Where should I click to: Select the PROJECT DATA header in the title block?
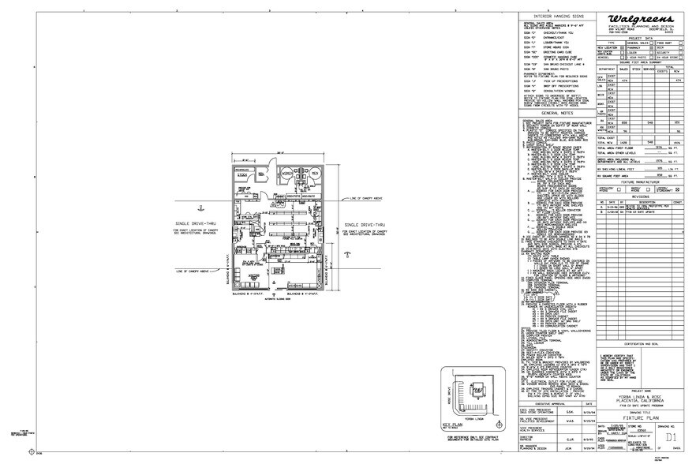pos(640,36)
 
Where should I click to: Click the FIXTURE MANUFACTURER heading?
pos(640,181)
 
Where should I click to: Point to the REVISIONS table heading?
pos(640,196)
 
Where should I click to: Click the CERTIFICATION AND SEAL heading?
pos(640,344)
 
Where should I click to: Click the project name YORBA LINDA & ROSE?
pos(640,395)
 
